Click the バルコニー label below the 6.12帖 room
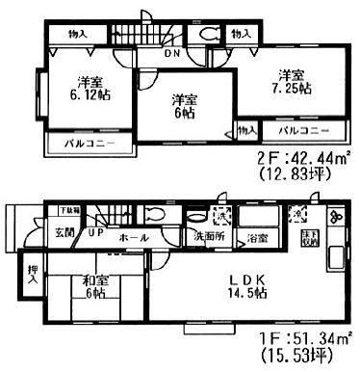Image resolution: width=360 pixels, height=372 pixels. pos(80,145)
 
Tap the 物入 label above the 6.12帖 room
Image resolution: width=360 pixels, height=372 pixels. pos(78,34)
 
